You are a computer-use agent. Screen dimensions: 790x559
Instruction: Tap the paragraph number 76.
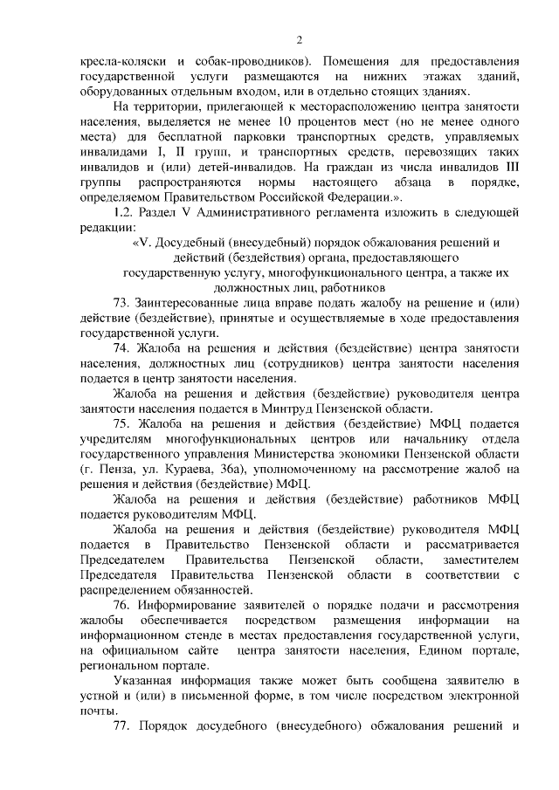[x=122, y=605]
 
